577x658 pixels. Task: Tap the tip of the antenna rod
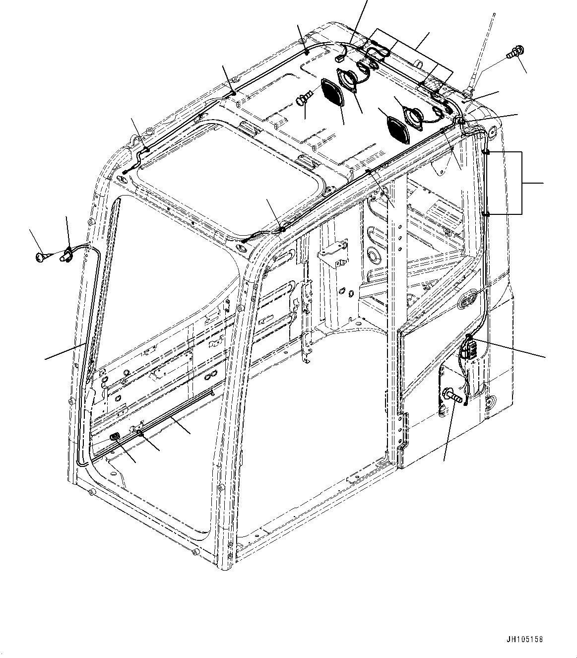click(494, 14)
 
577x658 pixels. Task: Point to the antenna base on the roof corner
click(468, 92)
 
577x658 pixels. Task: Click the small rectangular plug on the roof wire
click(340, 58)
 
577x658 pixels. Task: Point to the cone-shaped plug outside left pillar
click(40, 256)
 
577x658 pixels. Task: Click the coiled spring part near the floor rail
click(115, 437)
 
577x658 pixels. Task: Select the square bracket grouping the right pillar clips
click(521, 183)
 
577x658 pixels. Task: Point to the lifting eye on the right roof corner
click(492, 132)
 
